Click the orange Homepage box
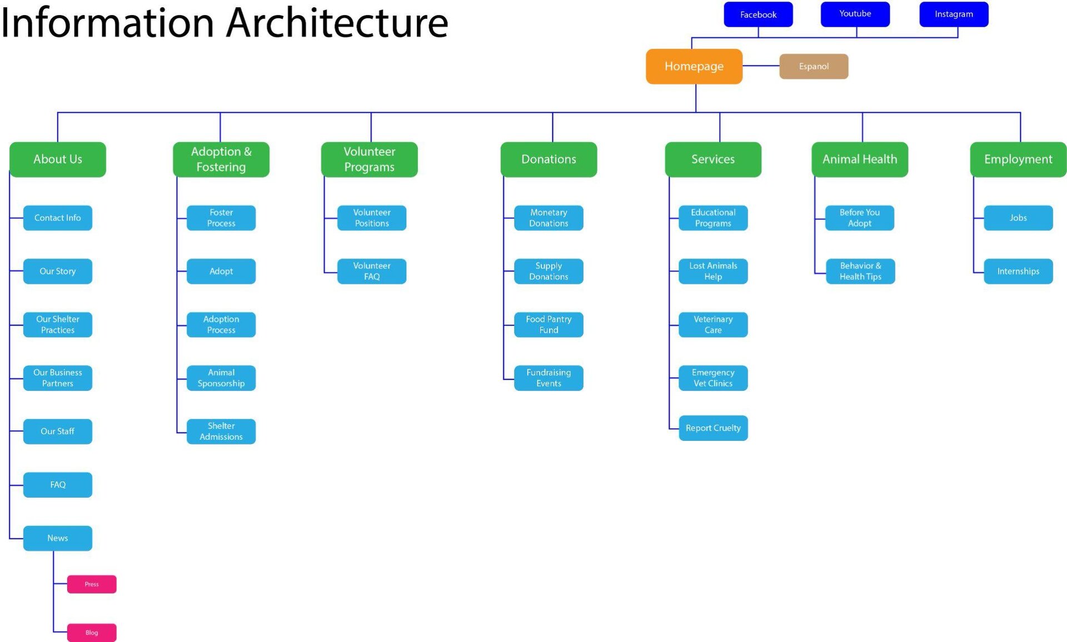coord(694,66)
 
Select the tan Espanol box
coord(813,66)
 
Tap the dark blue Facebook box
coord(757,14)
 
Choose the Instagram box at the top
coord(953,14)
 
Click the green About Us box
coord(57,159)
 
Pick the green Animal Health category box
coord(859,159)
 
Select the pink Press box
coord(92,584)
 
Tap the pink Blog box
coord(92,632)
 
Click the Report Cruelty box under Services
coord(712,428)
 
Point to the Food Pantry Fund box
coord(548,325)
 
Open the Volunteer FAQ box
coord(371,271)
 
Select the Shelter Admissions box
coord(221,431)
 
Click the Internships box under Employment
coord(1018,271)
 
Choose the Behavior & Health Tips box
coord(860,271)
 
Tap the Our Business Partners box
coord(57,378)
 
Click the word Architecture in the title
coord(337,23)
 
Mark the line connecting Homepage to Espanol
coord(761,66)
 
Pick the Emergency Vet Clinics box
coord(712,378)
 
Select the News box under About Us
coord(57,538)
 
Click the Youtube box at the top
coord(855,14)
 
